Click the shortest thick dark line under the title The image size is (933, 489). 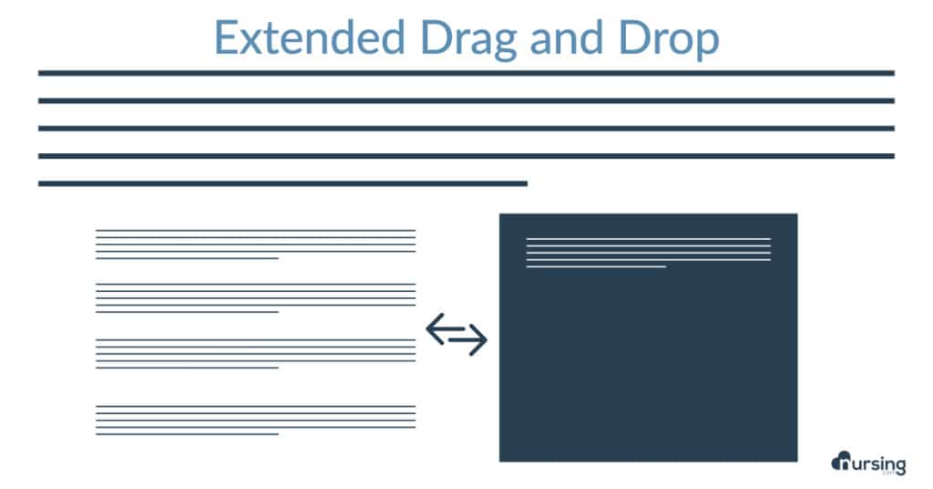(282, 183)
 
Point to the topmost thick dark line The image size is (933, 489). (466, 73)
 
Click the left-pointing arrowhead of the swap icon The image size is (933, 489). (436, 328)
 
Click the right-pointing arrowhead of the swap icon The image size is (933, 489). (477, 340)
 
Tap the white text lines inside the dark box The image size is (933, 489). (649, 253)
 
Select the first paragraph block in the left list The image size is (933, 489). (255, 244)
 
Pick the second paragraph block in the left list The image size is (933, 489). (255, 297)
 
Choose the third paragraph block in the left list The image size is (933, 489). (255, 354)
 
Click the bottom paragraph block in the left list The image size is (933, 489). (255, 421)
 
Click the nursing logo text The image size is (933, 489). (879, 464)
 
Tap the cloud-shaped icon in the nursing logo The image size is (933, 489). (841, 461)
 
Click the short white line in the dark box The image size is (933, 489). (596, 266)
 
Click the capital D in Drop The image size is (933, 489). (634, 37)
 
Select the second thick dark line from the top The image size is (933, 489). (466, 100)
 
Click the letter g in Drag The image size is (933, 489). (504, 45)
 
